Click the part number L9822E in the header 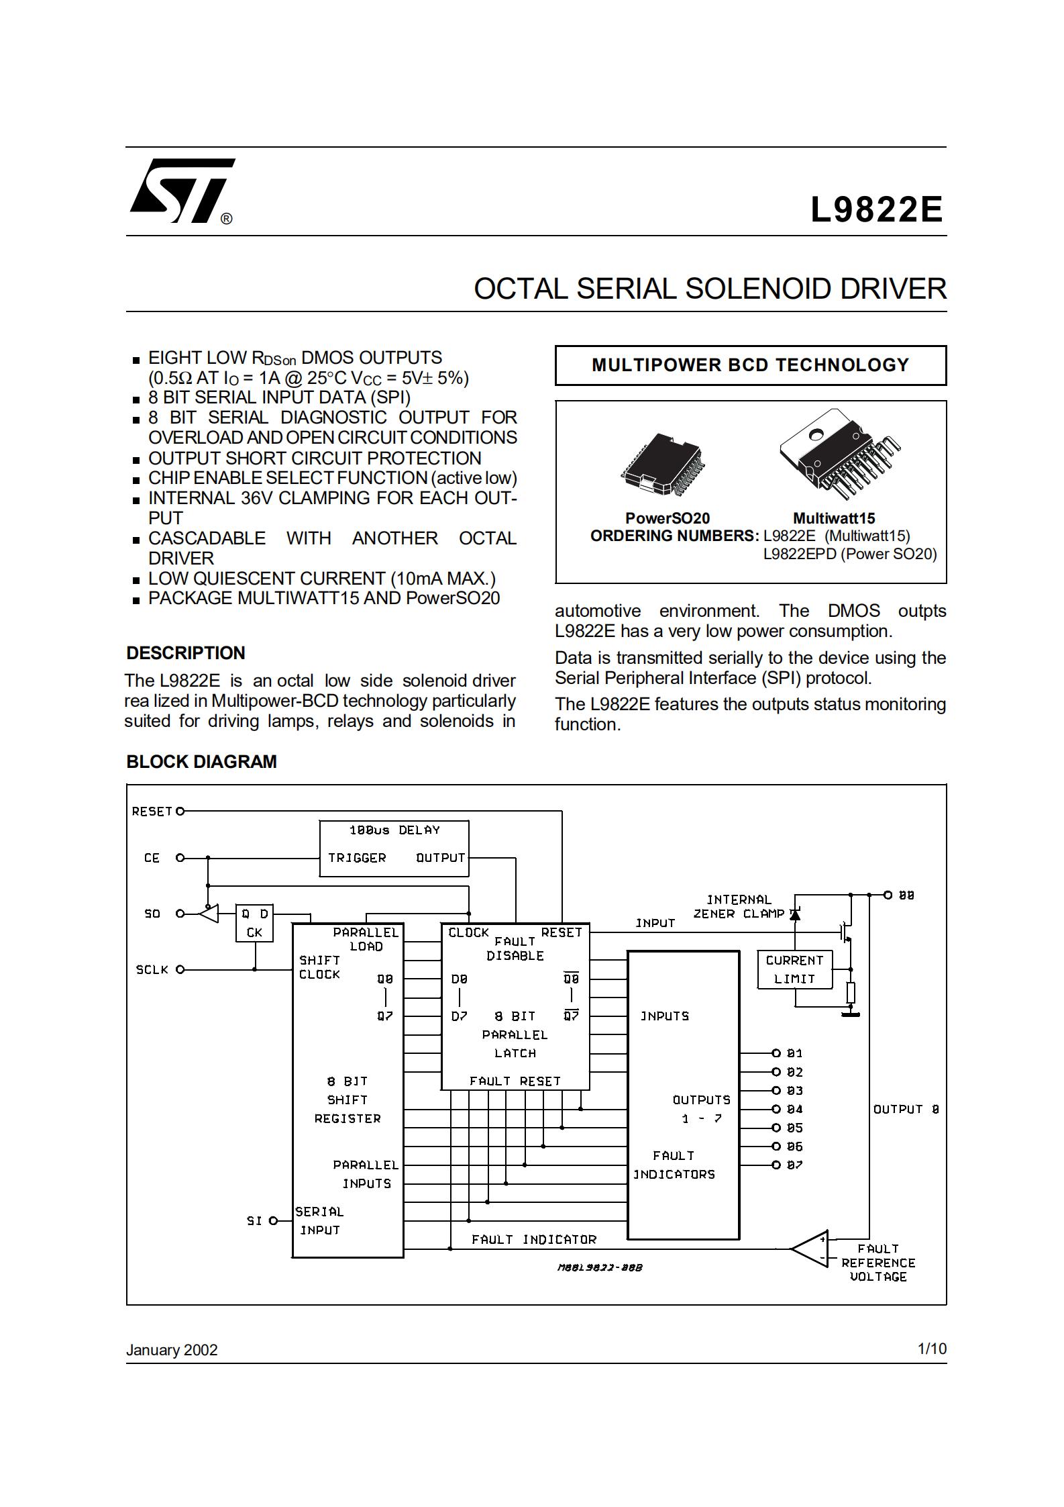tap(876, 209)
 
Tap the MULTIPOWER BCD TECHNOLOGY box tap(750, 365)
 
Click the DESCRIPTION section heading tap(186, 652)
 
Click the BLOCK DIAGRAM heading tap(201, 761)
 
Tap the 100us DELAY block tap(394, 848)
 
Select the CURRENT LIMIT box tap(794, 969)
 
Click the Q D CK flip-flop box tap(254, 923)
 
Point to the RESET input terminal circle tap(180, 811)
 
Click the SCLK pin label tap(152, 969)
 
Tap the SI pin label tap(254, 1220)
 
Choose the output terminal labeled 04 tap(776, 1109)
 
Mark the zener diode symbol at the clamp tap(796, 914)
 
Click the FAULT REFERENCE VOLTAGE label tap(877, 1263)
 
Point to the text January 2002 tap(172, 1350)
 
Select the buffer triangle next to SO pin tap(209, 914)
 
